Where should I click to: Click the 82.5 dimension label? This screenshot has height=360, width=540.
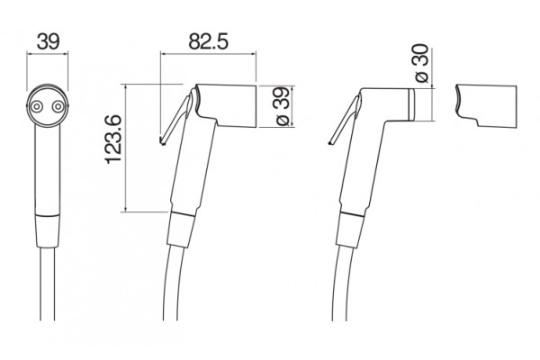pyautogui.click(x=209, y=42)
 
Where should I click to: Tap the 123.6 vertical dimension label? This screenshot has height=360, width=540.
pyautogui.click(x=113, y=139)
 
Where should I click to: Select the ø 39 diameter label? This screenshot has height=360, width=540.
pyautogui.click(x=282, y=106)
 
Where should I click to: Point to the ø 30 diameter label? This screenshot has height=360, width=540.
pyautogui.click(x=421, y=63)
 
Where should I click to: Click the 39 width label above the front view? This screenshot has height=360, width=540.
pyautogui.click(x=49, y=41)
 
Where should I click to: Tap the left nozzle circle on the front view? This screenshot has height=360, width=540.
pyautogui.click(x=36, y=107)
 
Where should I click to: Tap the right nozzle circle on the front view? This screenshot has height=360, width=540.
pyautogui.click(x=58, y=107)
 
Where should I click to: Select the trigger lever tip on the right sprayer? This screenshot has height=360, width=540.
pyautogui.click(x=331, y=142)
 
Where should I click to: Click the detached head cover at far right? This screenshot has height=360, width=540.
pyautogui.click(x=486, y=106)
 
